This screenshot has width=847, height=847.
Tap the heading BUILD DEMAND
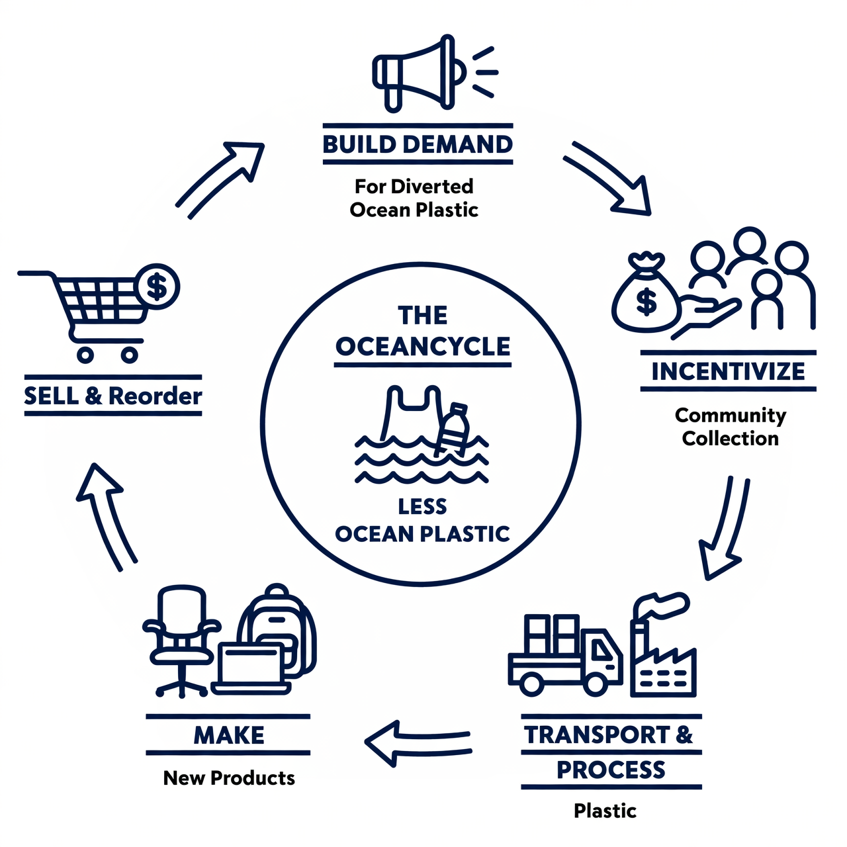click(418, 144)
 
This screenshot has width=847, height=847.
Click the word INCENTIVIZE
click(728, 371)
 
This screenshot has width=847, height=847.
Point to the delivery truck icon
click(566, 655)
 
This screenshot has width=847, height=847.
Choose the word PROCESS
click(611, 770)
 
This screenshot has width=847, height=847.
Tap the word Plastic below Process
click(605, 811)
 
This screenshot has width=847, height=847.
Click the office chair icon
click(181, 639)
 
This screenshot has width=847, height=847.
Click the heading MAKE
click(228, 735)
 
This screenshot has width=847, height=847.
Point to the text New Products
click(229, 778)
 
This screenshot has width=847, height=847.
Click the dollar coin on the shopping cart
click(157, 287)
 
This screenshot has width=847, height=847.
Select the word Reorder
click(156, 396)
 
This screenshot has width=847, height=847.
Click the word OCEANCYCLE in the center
click(423, 346)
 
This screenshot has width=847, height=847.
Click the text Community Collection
click(731, 427)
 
